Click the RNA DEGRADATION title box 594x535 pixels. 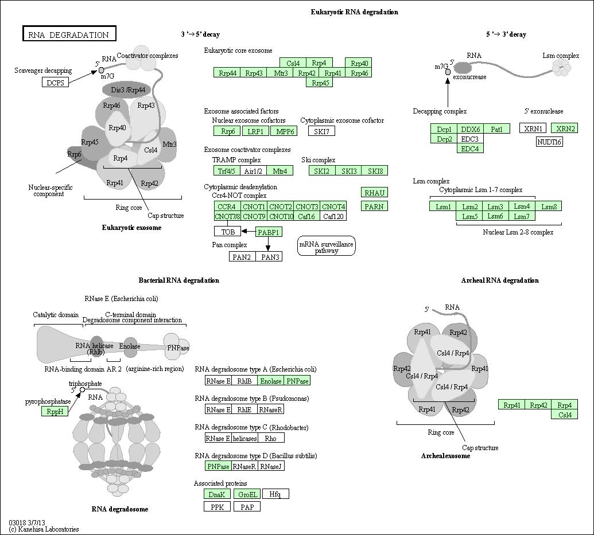pos(69,33)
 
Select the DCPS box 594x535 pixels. pos(55,82)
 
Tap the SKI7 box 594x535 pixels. pos(321,131)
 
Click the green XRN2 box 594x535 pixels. pos(564,128)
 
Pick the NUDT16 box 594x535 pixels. pos(549,142)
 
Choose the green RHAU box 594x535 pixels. pos(374,192)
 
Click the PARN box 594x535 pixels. pos(374,206)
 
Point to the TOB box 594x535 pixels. pos(228,231)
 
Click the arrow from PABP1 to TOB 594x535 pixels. pos(249,231)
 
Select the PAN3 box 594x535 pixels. pos(269,257)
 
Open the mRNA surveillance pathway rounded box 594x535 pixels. pos(327,246)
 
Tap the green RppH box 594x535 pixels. pos(55,411)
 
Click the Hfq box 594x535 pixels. pos(275,494)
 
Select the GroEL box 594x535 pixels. pos(247,494)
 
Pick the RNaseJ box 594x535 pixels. pos(271,466)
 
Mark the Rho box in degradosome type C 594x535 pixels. pos(271,438)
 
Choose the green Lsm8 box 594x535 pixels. pos(549,206)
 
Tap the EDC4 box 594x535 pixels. pos(470,149)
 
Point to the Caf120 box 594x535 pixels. pos(333,216)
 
